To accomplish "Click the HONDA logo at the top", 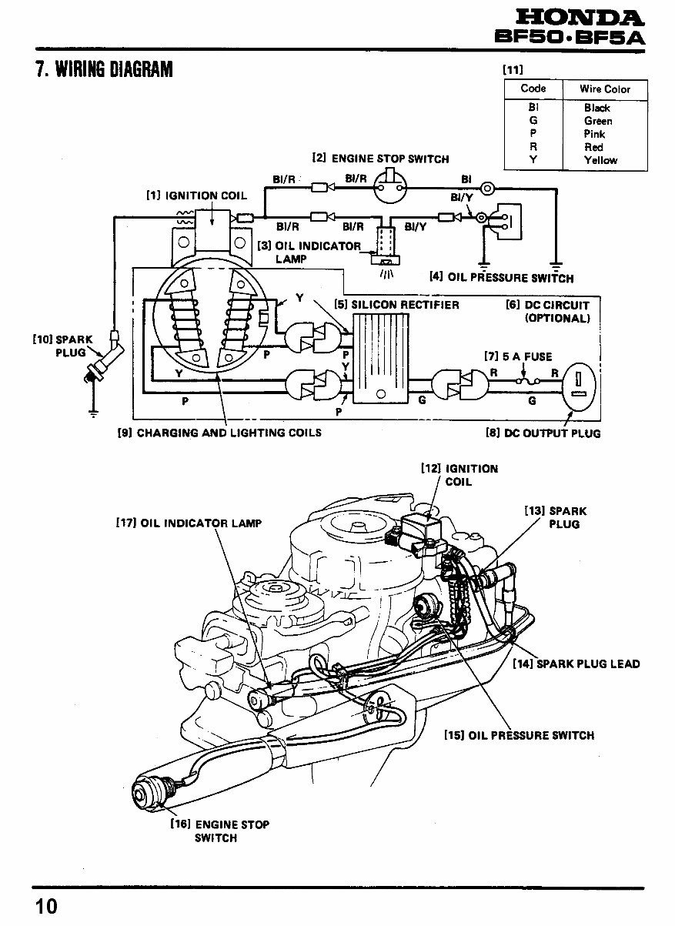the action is (580, 18).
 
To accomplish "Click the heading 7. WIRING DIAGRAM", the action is (104, 69).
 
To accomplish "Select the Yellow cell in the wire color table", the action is (600, 160).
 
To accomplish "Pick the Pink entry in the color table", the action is (594, 134).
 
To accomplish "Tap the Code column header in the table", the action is (533, 89).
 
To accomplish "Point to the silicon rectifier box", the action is (381, 359).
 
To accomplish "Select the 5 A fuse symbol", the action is (527, 381).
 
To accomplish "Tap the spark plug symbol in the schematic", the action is (103, 356).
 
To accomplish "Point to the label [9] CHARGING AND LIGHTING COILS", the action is (219, 433).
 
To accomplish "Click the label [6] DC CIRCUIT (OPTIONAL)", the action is (548, 312).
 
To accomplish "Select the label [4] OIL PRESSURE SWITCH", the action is (502, 278).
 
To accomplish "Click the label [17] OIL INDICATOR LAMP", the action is (189, 523).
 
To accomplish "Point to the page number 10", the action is (47, 906).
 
